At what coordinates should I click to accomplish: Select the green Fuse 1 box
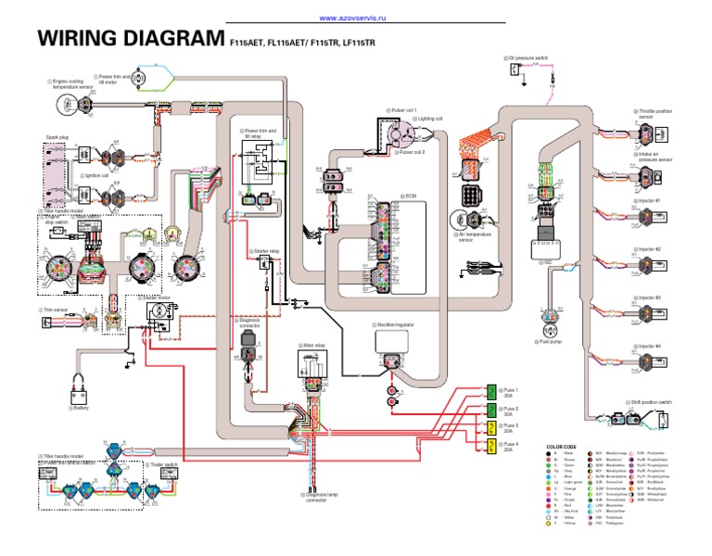492,393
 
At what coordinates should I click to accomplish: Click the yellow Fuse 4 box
492,447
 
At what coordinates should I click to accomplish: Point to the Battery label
82,406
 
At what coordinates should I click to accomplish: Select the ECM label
411,196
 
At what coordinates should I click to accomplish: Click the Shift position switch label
654,402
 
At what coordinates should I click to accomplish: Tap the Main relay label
314,345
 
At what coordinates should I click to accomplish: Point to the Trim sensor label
56,310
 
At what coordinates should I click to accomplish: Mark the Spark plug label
57,137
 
